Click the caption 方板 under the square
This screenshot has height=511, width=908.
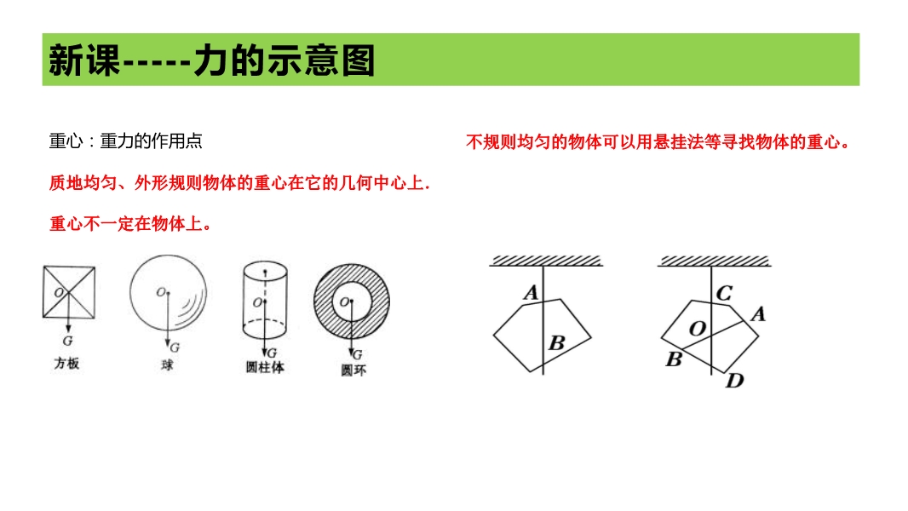[x=66, y=364]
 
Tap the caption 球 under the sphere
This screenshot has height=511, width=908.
[x=167, y=365]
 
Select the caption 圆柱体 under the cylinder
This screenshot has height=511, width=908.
[x=265, y=367]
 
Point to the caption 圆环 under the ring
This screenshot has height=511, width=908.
[x=353, y=370]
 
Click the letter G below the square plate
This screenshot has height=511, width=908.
[x=68, y=342]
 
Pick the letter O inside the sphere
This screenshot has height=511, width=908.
[x=160, y=292]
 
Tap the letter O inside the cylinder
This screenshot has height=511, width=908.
[x=257, y=302]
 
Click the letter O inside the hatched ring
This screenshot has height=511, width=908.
[x=344, y=301]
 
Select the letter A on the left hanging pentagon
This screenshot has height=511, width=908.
[x=531, y=292]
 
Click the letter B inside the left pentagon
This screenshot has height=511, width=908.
[x=556, y=342]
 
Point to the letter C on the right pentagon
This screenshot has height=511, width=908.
[x=724, y=293]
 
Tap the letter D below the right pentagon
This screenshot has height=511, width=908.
[x=735, y=380]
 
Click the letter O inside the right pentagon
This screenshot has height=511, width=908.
[x=698, y=329]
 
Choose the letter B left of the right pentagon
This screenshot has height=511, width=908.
[x=674, y=359]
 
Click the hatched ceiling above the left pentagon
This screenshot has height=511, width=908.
[x=545, y=261]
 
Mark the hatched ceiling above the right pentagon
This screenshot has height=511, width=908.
[x=714, y=261]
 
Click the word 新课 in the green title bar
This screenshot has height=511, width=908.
[x=84, y=60]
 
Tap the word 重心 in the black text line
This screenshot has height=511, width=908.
[x=66, y=141]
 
